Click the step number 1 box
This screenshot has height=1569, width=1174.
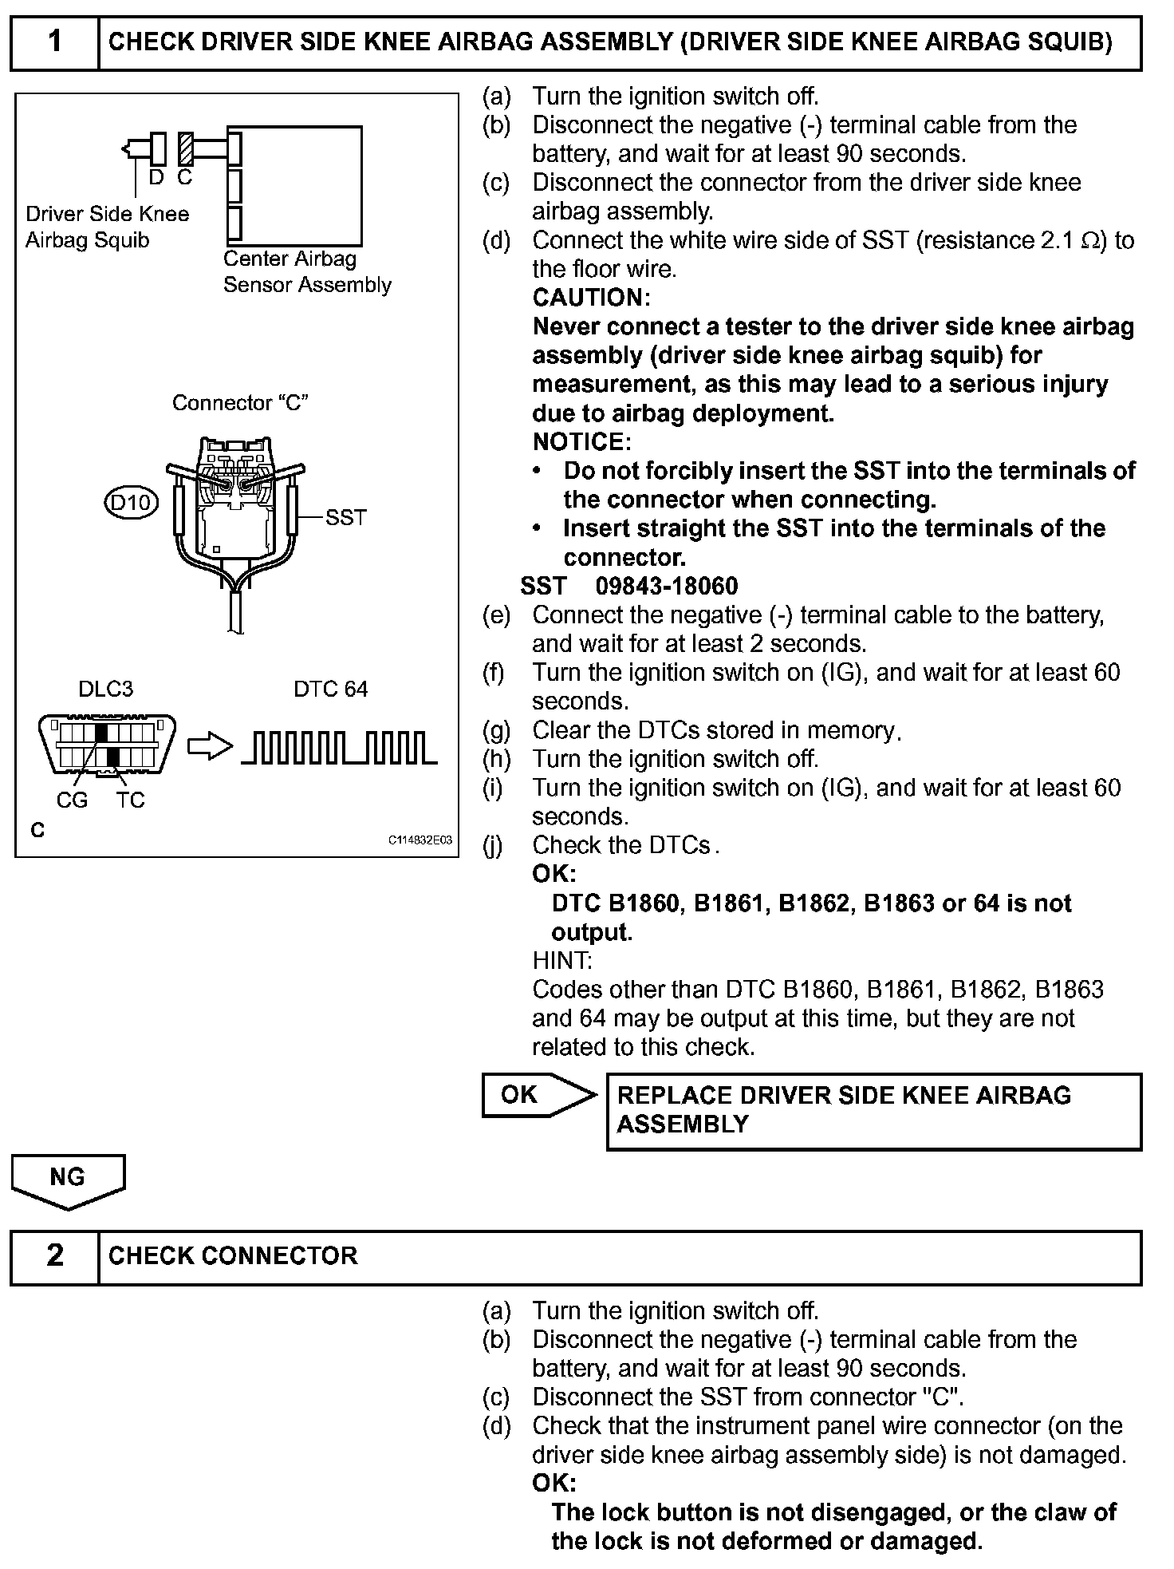54,41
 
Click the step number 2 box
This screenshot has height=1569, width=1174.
54,1255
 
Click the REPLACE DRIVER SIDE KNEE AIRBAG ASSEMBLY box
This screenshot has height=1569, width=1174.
873,1111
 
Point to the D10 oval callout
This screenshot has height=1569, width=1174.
132,503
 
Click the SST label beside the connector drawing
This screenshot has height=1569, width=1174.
345,518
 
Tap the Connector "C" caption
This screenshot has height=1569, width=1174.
240,403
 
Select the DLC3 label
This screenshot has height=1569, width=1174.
105,689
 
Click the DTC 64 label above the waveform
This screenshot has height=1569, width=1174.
330,689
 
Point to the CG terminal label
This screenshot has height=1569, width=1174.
72,800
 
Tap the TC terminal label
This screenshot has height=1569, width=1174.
130,800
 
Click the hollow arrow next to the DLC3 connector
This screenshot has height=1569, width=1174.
210,748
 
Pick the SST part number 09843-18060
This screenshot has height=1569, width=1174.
667,587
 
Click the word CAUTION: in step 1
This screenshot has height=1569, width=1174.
591,298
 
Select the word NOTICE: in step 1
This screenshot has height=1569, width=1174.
581,442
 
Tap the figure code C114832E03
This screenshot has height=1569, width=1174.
420,840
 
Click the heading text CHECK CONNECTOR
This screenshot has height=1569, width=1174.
233,1255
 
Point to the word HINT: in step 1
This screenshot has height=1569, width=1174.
561,961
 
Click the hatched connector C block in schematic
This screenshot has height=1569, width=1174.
186,148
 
